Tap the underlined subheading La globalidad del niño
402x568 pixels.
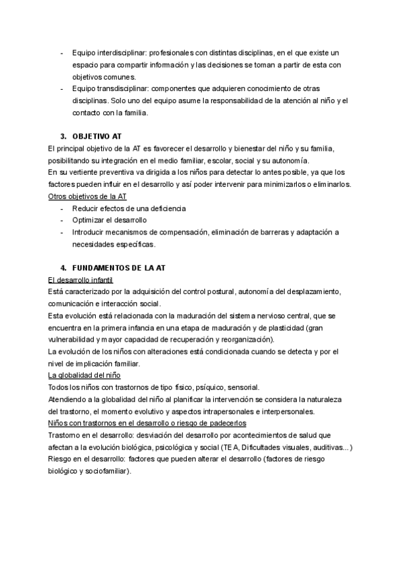pos(84,375)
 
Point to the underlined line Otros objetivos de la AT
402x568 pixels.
pos(88,196)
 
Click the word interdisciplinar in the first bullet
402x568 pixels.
pos(121,52)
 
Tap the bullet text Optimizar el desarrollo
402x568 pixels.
pos(109,220)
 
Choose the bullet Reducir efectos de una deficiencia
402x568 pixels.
pos(129,208)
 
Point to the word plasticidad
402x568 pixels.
pos(283,328)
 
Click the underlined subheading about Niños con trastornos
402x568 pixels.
pos(147,423)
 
